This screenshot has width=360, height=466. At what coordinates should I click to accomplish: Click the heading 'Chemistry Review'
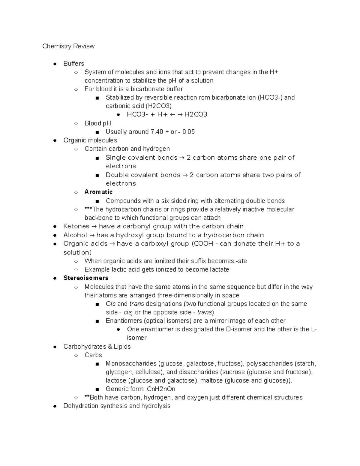[68, 46]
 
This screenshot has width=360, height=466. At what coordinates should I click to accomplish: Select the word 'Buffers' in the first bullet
[73, 64]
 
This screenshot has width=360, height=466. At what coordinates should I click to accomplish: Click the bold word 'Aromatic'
[98, 192]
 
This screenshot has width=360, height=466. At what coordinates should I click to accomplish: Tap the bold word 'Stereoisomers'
[86, 278]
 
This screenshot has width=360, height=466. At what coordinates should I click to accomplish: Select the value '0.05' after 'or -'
[188, 132]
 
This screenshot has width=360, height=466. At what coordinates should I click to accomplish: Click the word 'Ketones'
[76, 226]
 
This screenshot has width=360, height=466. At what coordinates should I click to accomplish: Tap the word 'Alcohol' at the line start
[75, 235]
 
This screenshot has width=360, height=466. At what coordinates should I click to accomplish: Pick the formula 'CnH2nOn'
[161, 389]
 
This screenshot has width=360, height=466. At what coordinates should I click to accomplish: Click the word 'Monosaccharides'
[131, 364]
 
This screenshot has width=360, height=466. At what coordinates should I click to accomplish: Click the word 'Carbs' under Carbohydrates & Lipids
[93, 355]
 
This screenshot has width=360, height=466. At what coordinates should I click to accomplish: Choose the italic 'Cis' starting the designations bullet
[110, 304]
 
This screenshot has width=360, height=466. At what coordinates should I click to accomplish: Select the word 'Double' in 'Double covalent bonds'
[116, 175]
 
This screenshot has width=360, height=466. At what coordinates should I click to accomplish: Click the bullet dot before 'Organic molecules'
[55, 140]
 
